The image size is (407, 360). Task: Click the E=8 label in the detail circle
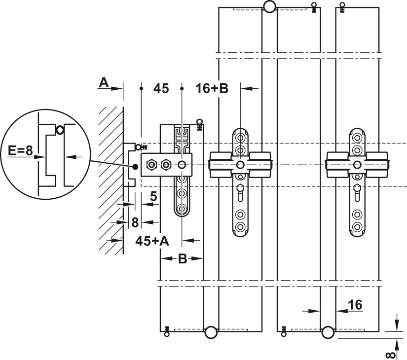coord(20,150)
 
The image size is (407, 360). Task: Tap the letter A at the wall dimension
coord(104,83)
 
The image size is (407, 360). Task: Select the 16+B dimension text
coord(212,88)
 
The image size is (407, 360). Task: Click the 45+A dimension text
coord(152,241)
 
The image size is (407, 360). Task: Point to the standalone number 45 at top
coord(161,88)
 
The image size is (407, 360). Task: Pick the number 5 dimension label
coord(153,196)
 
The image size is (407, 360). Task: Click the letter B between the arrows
coord(183,258)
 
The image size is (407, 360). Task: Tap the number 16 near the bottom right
coord(355,305)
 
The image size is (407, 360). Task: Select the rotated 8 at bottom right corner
coord(391,355)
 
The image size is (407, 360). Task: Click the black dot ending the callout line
coord(135,167)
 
